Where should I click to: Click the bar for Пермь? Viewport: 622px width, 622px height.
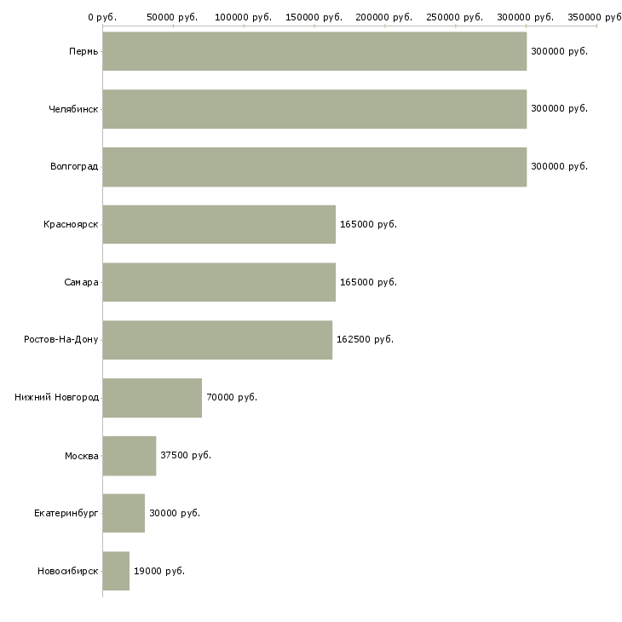[x=314, y=51]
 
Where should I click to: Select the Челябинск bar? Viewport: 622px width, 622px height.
[x=314, y=109]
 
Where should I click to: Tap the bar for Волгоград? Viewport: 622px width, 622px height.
[x=314, y=167]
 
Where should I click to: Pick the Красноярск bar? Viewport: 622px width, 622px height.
[x=219, y=225]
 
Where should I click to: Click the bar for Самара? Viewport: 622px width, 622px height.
[x=219, y=282]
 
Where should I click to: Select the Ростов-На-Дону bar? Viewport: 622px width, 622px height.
[x=217, y=340]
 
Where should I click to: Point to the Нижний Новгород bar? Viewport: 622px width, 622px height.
[x=153, y=398]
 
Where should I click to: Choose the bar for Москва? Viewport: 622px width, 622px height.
[x=130, y=456]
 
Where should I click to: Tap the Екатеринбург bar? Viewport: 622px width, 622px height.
[x=124, y=513]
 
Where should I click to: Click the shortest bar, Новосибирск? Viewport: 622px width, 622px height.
[x=116, y=571]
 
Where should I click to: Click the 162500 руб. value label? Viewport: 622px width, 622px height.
[x=365, y=340]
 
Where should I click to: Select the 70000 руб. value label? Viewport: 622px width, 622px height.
[x=232, y=397]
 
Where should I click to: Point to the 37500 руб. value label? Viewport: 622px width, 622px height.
[x=186, y=455]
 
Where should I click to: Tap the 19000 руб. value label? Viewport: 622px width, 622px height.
[x=159, y=571]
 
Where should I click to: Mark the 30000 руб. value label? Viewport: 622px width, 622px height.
[x=175, y=513]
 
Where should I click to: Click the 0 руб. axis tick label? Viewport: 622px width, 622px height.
[x=102, y=17]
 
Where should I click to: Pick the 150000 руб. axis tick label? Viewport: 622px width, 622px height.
[x=314, y=17]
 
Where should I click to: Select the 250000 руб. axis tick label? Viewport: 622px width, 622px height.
[x=455, y=17]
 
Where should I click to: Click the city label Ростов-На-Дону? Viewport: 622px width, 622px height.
[x=61, y=340]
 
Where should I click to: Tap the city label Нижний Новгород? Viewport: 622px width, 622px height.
[x=57, y=397]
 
